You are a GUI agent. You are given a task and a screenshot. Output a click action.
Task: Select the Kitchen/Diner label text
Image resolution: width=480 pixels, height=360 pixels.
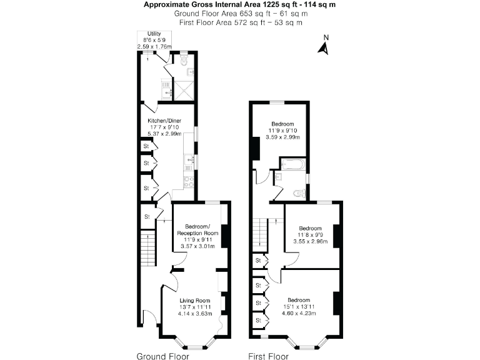[x=165, y=120]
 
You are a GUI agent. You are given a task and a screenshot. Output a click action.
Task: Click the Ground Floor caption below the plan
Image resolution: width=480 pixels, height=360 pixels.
[x=162, y=356]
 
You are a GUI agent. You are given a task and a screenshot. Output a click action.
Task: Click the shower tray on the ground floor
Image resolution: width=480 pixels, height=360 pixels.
[x=184, y=90]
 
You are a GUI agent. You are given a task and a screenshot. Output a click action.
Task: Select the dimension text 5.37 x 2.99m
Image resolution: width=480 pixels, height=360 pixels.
[x=165, y=134]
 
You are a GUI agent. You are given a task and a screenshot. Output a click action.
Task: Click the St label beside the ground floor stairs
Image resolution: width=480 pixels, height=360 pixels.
[x=147, y=216]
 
